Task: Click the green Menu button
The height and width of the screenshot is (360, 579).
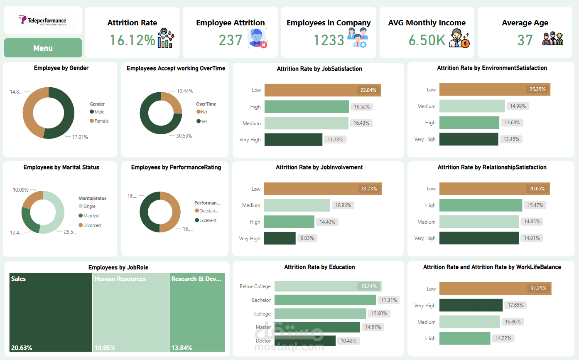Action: pos(43,48)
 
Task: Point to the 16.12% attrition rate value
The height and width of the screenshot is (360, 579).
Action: pos(132,40)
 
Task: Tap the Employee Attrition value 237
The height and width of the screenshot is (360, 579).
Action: pos(231,40)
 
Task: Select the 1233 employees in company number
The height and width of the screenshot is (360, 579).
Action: pos(329,40)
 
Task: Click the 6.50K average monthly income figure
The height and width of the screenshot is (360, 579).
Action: pos(427,40)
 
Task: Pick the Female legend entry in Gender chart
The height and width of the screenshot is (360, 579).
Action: pos(101,121)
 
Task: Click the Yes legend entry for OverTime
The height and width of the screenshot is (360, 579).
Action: pos(204,121)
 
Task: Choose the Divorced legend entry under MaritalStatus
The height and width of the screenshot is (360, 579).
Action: pos(92,225)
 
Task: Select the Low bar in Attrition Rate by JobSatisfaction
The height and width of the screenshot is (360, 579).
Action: pos(322,90)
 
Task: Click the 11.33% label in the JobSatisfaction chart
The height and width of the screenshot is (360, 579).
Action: pos(336,140)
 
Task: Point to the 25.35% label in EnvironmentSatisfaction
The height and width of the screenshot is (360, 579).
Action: pos(537,89)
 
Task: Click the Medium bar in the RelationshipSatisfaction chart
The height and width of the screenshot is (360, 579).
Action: pos(479,222)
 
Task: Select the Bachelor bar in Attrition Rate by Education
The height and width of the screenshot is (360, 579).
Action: pos(325,300)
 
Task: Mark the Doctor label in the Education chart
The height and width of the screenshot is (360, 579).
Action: pos(263,341)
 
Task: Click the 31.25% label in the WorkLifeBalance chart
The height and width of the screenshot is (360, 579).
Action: pos(537,288)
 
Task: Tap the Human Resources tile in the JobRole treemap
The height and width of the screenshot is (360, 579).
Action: pos(130,312)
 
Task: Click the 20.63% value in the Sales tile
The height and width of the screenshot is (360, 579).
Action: pos(22,348)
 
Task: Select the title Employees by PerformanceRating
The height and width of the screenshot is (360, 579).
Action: pos(176,167)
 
